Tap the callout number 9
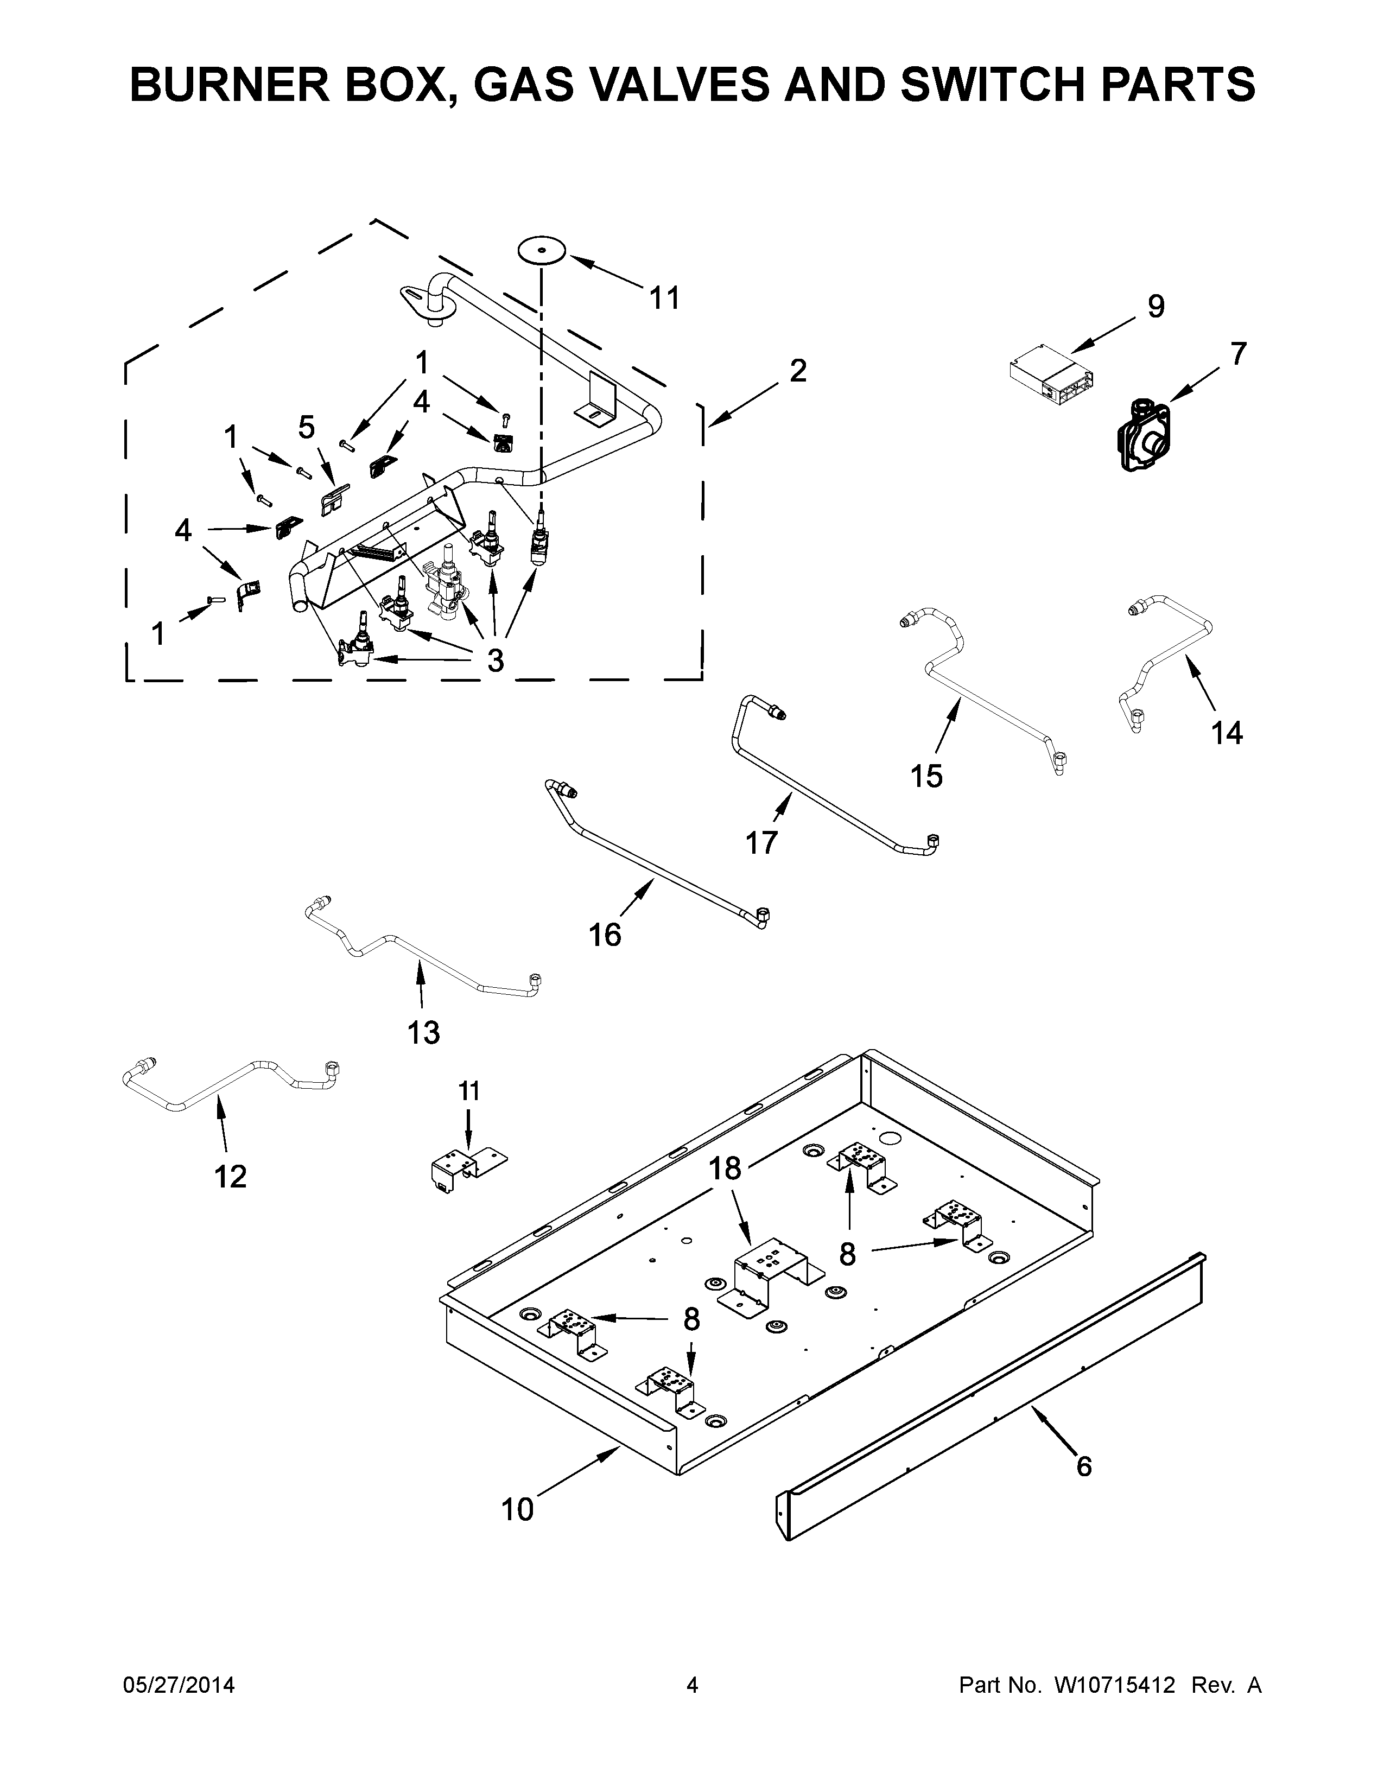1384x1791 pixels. point(1156,307)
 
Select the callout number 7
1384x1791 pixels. point(1238,354)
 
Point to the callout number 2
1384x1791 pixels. point(798,371)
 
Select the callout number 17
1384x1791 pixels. point(761,842)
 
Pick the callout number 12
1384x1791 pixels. point(230,1177)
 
